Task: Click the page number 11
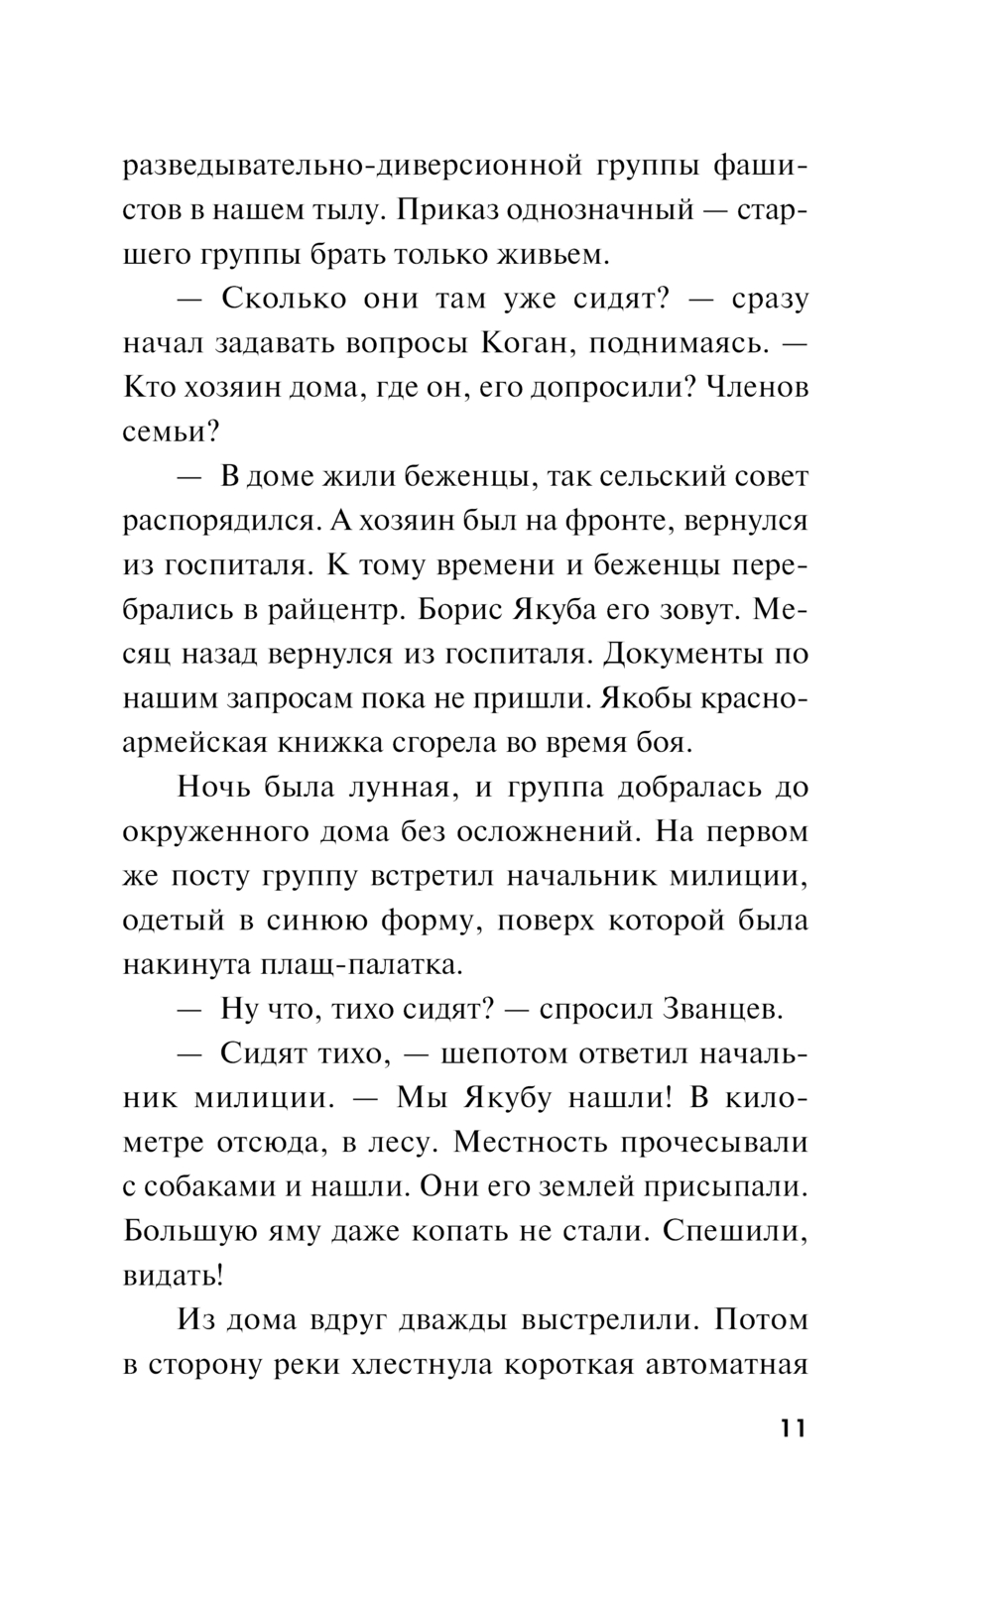pyautogui.click(x=793, y=1428)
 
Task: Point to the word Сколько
pyautogui.click(x=284, y=299)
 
